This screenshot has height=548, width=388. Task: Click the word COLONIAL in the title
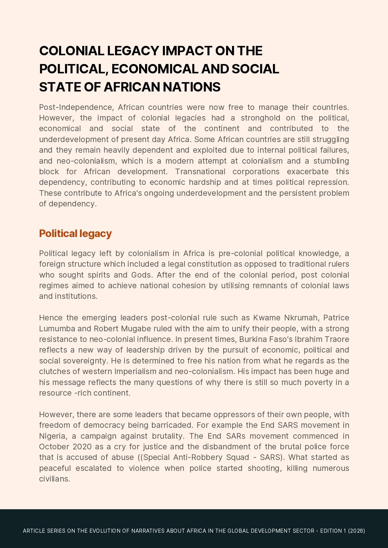71,51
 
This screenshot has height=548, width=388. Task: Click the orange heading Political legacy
75,234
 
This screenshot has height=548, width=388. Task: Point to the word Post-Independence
76,107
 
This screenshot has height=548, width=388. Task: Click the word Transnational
200,172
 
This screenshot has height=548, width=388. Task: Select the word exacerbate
308,172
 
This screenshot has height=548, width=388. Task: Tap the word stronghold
260,118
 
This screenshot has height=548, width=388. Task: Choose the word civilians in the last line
54,479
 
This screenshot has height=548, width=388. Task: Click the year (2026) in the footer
356,531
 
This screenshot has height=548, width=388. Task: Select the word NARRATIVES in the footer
148,531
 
